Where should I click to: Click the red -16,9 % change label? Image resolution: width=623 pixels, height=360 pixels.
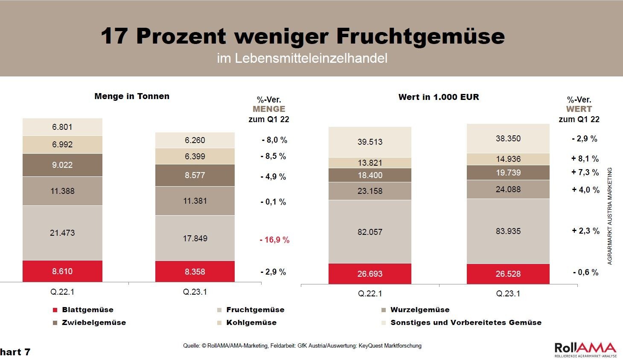274,240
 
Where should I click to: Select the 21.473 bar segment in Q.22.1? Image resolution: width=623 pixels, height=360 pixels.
62,233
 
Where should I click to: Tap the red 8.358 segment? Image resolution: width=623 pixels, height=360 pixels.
195,272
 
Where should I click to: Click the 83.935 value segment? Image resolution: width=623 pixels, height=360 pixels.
508,231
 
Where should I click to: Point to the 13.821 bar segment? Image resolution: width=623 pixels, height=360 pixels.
370,163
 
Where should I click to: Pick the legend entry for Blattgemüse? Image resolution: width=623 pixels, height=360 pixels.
83,310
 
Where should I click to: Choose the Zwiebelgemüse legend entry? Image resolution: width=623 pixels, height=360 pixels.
89,323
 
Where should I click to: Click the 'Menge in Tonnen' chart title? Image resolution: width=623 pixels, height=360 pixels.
132,97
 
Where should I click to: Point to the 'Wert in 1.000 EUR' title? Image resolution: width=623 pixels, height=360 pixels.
439,97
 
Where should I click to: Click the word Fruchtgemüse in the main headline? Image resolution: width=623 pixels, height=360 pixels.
420,36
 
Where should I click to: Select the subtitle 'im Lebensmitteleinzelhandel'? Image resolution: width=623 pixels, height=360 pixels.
302,58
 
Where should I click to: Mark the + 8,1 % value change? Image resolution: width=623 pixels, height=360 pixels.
585,159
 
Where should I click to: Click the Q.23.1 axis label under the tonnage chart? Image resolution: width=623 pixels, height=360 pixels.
195,292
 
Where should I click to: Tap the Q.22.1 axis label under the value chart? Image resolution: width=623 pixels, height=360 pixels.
370,294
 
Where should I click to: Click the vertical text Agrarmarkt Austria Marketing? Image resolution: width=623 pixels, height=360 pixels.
610,216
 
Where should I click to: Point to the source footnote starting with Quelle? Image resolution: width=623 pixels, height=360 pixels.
302,345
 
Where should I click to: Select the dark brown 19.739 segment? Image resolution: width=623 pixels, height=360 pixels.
508,173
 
